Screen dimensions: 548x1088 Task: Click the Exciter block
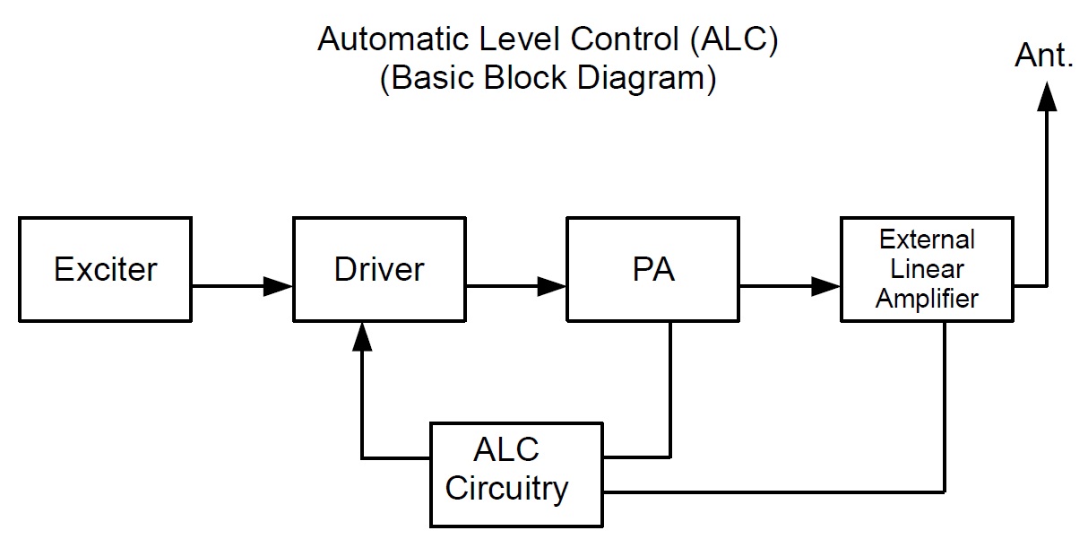[105, 269]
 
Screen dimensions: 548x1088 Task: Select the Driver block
[379, 269]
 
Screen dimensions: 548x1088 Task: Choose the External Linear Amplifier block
[927, 269]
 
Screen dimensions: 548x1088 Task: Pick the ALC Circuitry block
[515, 474]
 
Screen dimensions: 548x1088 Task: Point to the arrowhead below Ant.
[1045, 95]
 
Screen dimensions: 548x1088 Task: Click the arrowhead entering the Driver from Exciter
[280, 287]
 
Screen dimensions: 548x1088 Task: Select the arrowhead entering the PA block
[553, 287]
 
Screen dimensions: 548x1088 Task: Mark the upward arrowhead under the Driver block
[362, 335]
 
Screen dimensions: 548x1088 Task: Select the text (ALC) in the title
[740, 40]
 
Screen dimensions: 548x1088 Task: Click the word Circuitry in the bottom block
[507, 490]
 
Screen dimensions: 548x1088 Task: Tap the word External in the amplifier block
[927, 240]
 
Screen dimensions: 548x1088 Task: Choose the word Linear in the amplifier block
[927, 269]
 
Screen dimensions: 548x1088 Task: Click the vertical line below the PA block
[671, 386]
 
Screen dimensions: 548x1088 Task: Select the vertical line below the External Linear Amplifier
[945, 404]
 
